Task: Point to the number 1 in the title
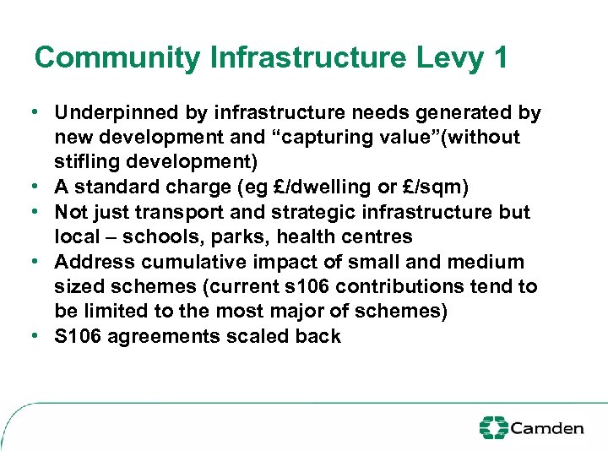499,58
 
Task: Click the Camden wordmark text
547,428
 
